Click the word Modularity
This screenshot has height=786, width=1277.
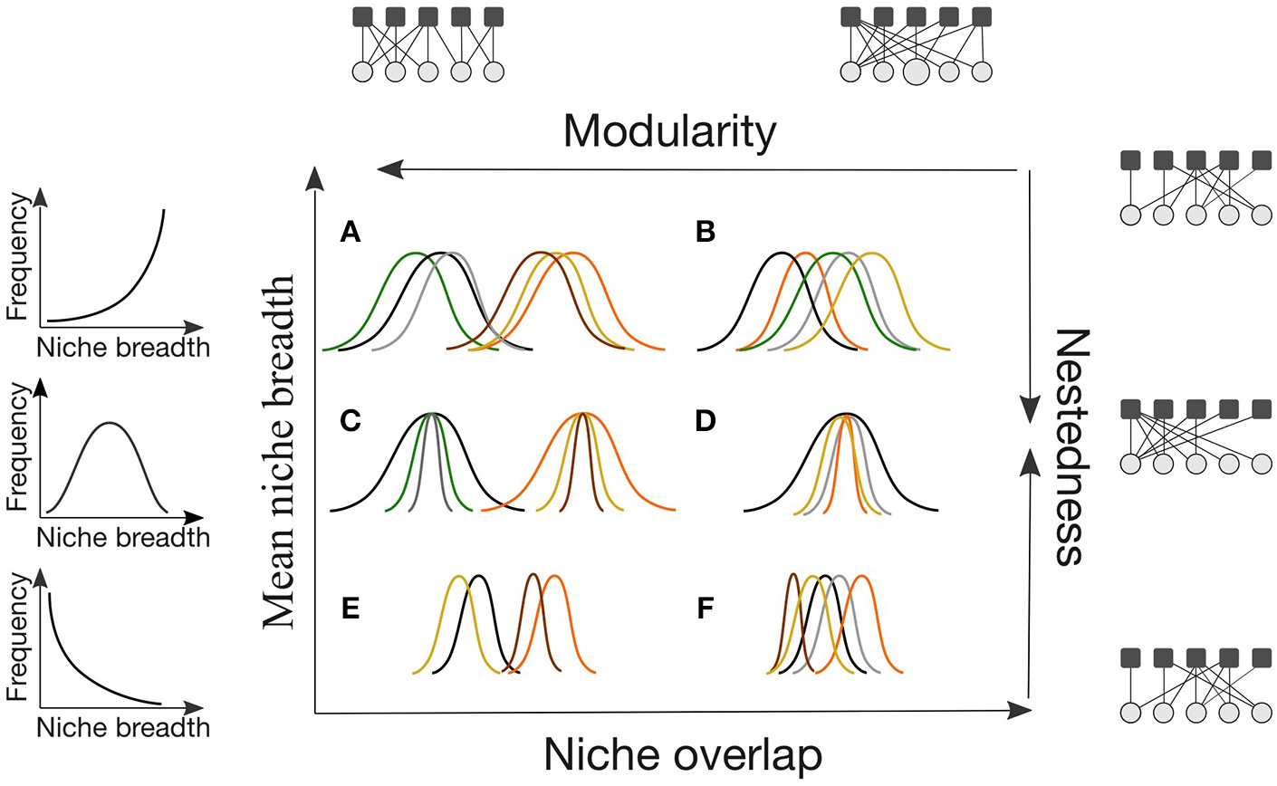tap(669, 132)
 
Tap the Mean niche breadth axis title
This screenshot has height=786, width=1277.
tap(280, 451)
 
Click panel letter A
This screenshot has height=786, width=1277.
tap(350, 233)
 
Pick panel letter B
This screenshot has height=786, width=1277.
tap(706, 233)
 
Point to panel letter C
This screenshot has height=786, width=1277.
tap(350, 421)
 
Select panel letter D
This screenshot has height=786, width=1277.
tap(706, 421)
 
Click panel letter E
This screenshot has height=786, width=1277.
tap(350, 608)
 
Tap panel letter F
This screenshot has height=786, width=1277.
tap(706, 608)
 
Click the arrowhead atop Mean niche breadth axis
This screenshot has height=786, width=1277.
tap(315, 178)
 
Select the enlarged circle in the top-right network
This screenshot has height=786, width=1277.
tap(917, 72)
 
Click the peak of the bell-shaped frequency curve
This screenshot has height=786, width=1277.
tap(109, 423)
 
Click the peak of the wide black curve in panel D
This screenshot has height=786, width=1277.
tap(845, 414)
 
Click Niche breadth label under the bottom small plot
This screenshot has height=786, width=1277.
tap(123, 727)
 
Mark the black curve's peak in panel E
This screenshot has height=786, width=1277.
tap(478, 575)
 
